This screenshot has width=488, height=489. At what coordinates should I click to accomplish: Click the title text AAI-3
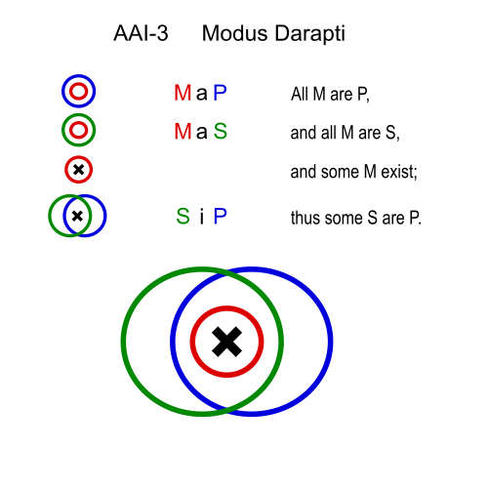(141, 33)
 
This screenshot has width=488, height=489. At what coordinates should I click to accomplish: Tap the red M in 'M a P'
(183, 93)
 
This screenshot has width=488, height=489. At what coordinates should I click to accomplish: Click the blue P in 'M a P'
(220, 93)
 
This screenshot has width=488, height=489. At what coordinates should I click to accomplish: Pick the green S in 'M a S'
(221, 131)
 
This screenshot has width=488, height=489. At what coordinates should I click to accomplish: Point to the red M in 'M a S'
(183, 131)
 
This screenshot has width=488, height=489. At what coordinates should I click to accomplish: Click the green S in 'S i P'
(183, 216)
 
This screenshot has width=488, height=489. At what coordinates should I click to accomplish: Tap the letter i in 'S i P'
(202, 217)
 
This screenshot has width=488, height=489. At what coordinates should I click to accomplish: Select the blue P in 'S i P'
(220, 216)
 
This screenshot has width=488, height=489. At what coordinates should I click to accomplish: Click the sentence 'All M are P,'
(330, 95)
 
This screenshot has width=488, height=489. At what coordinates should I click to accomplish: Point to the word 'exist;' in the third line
(399, 172)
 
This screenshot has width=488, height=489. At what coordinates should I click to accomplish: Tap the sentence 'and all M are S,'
(346, 133)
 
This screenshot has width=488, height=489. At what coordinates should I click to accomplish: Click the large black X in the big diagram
(226, 342)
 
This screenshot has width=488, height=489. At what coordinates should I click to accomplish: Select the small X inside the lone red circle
(78, 170)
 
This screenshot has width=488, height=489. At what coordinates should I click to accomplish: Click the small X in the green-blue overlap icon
(77, 216)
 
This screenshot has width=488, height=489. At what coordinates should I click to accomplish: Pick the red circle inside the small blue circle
(79, 84)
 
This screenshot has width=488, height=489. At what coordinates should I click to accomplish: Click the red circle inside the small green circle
(79, 122)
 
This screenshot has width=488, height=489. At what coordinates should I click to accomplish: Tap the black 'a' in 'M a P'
(202, 95)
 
